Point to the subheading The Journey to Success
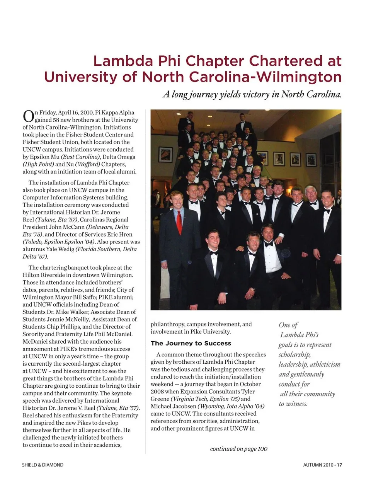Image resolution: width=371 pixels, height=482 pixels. (x=191, y=343)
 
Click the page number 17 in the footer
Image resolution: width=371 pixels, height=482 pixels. (x=339, y=465)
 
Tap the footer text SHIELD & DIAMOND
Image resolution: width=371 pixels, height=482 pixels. (x=43, y=465)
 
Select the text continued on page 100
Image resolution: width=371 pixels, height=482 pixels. (x=238, y=449)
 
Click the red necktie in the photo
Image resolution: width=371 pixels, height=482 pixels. (x=179, y=222)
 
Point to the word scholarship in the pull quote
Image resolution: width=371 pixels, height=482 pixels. (x=294, y=354)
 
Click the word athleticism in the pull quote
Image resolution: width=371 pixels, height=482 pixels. (x=325, y=364)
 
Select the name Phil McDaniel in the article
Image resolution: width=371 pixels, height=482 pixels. (x=115, y=334)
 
